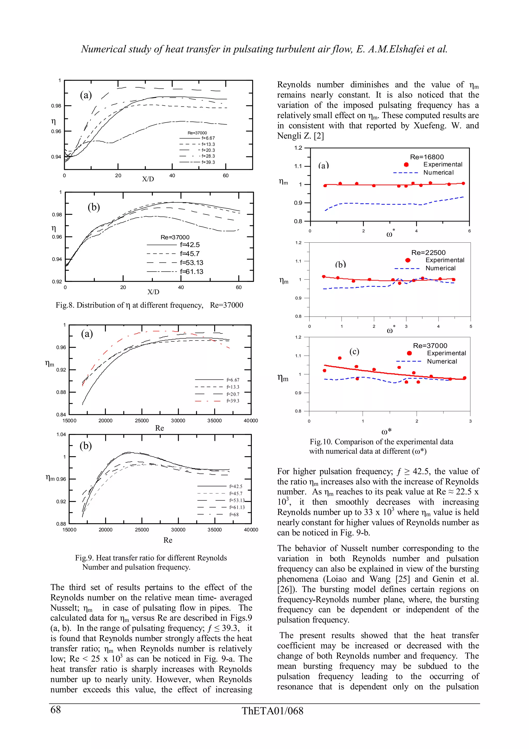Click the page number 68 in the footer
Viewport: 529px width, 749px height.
[x=56, y=709]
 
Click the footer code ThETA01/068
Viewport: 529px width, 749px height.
[x=273, y=711]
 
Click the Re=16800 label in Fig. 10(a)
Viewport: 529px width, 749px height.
[x=427, y=157]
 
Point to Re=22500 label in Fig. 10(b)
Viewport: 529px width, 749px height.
[x=428, y=253]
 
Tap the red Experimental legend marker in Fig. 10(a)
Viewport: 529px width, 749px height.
[x=406, y=165]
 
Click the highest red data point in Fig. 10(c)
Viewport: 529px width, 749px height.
[x=340, y=358]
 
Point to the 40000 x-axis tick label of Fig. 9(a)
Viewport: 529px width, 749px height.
[x=251, y=421]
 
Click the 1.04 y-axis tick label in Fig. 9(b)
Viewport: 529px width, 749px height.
[x=61, y=434]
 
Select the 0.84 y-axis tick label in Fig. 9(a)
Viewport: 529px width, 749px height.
[x=61, y=415]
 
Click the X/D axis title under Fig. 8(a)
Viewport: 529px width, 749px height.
[x=148, y=179]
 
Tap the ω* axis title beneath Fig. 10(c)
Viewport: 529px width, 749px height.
[x=387, y=432]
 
